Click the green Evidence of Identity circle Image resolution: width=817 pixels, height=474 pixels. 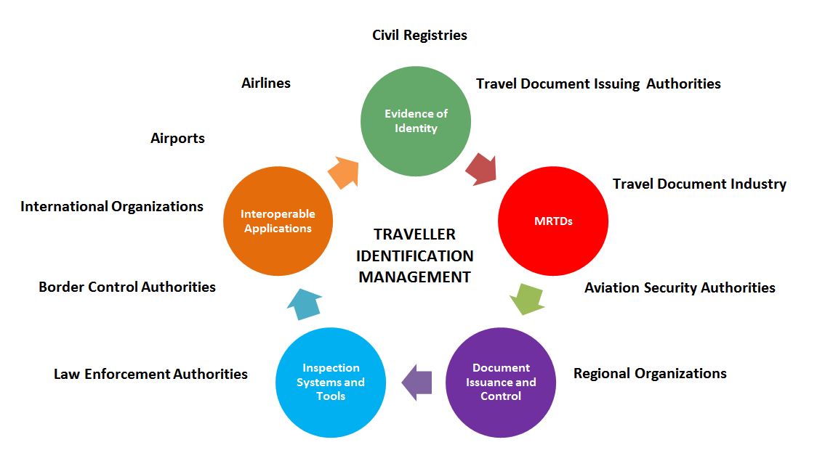(x=416, y=121)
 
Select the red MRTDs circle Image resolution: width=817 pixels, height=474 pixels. (x=553, y=221)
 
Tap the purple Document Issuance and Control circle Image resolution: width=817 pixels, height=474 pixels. (x=501, y=383)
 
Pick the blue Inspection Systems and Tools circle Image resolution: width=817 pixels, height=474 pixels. (x=330, y=383)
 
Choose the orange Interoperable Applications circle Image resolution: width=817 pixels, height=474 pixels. (x=278, y=221)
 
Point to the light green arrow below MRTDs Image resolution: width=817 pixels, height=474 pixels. (x=527, y=299)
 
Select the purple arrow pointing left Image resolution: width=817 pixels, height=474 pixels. (x=416, y=383)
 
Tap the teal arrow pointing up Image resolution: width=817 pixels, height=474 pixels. (x=305, y=304)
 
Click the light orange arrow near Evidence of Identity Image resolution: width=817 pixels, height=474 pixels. (x=343, y=172)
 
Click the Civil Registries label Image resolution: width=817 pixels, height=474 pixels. (x=419, y=36)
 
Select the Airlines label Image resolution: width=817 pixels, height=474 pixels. (x=266, y=83)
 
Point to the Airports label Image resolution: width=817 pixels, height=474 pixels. (x=177, y=139)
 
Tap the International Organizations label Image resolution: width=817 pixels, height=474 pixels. (x=112, y=207)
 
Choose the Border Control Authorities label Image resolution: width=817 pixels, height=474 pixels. (x=127, y=287)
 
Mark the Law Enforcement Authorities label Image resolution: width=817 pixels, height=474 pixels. (x=150, y=374)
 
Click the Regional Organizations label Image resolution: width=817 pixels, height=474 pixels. (x=650, y=374)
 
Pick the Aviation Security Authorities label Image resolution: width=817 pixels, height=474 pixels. (x=680, y=287)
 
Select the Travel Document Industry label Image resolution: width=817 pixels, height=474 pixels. (x=699, y=184)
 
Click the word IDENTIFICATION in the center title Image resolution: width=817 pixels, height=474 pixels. (x=415, y=256)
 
